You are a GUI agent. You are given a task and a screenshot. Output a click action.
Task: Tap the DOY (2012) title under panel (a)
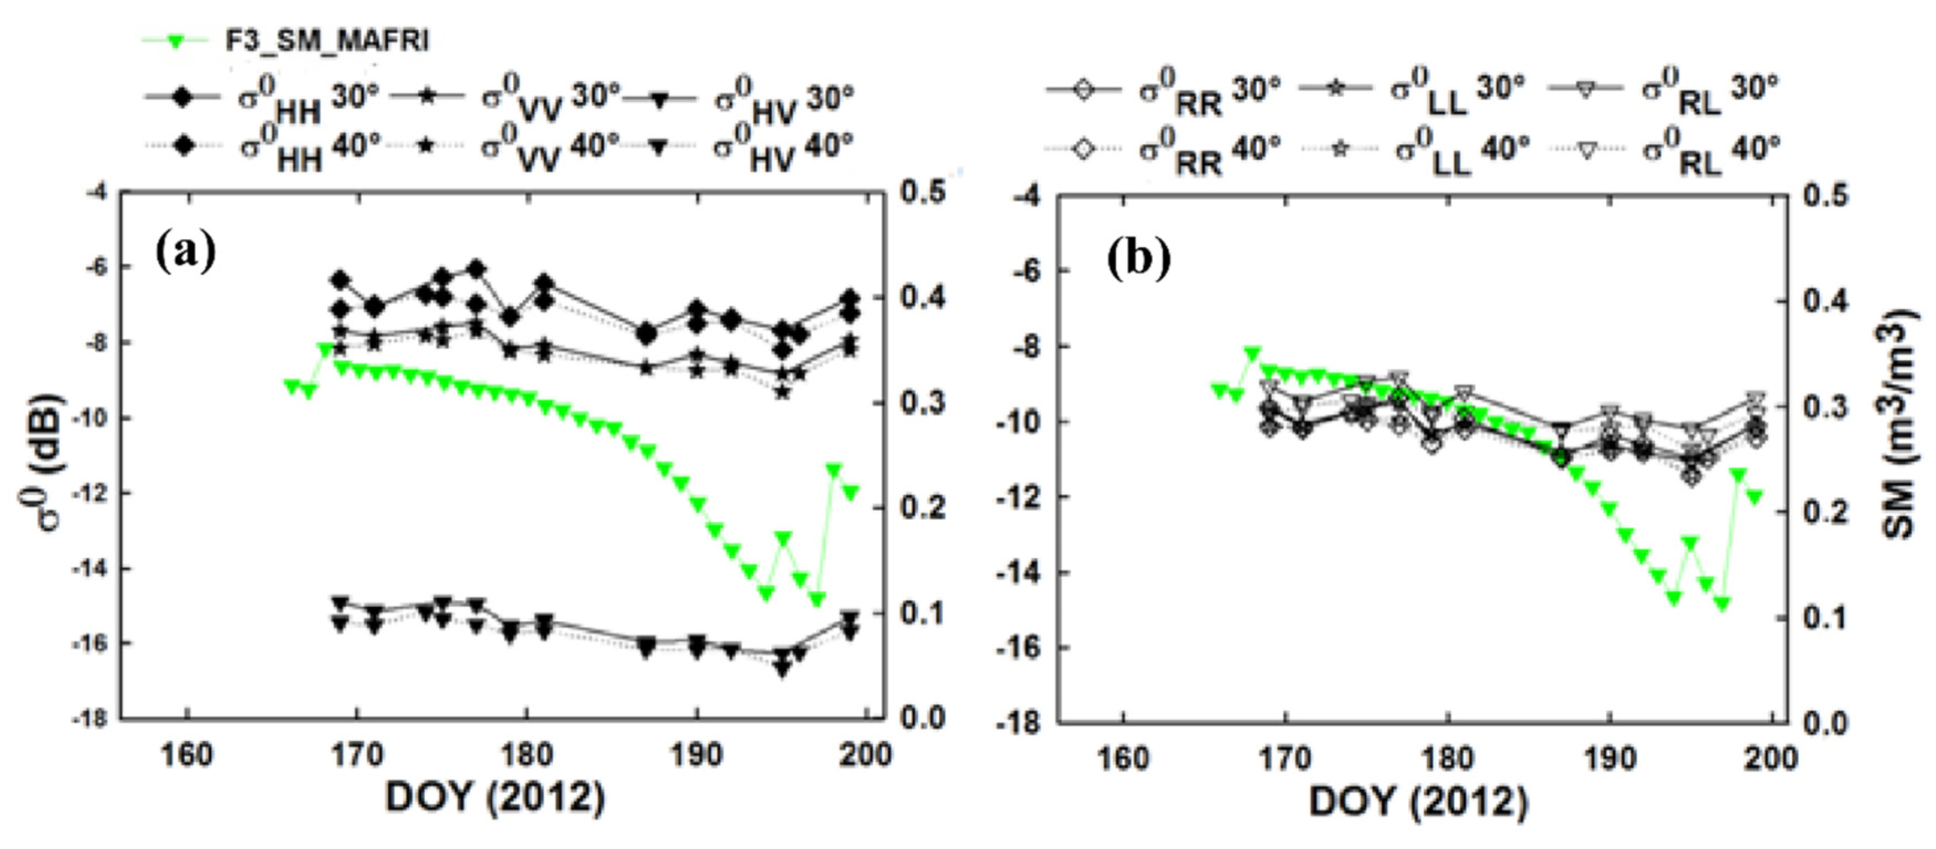point(495,798)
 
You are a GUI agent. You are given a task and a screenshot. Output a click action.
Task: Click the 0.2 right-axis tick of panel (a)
point(922,507)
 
